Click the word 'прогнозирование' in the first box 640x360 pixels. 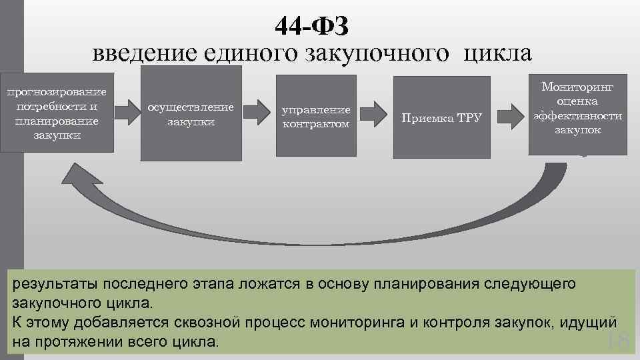point(57,91)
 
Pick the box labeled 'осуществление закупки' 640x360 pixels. point(191,114)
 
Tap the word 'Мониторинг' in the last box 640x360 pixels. point(577,87)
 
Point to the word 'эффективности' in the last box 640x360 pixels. point(577,115)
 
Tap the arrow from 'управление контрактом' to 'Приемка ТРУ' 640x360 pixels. point(376,111)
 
